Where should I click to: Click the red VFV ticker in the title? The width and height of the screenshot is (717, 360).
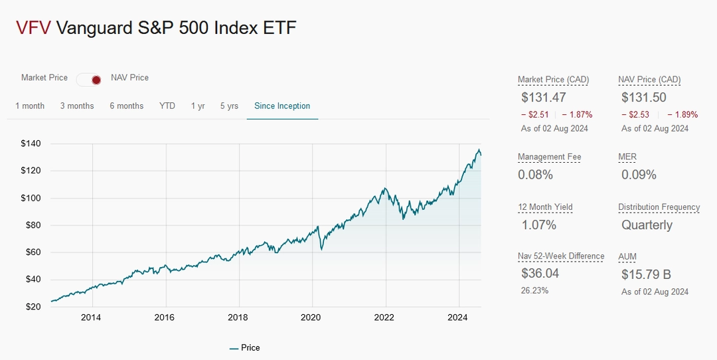pos(33,28)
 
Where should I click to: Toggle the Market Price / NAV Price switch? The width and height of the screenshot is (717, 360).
pos(89,80)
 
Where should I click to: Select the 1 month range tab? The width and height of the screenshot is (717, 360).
pos(30,106)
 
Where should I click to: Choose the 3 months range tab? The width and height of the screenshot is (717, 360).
pos(77,106)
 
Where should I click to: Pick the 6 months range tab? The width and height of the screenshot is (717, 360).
pos(127,106)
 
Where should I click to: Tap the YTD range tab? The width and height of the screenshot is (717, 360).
pos(167,106)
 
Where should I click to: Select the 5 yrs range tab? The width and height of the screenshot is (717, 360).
pos(229,106)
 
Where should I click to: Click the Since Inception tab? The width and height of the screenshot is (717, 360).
pos(282,106)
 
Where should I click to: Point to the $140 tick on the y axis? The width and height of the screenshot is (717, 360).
pos(31,143)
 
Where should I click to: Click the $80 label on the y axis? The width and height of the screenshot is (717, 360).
pos(31,225)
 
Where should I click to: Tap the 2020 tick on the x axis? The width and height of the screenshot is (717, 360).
pos(311,317)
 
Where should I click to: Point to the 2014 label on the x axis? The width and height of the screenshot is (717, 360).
pos(91,317)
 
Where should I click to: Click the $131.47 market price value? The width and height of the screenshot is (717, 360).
pos(544,98)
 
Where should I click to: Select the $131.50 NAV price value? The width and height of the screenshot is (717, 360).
pos(644,98)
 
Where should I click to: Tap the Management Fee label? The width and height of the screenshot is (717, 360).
pos(549,157)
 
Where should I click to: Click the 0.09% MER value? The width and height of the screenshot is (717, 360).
pos(639,175)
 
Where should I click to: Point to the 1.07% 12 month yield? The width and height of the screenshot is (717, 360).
pos(538,225)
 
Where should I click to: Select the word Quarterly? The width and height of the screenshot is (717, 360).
pos(647,225)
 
